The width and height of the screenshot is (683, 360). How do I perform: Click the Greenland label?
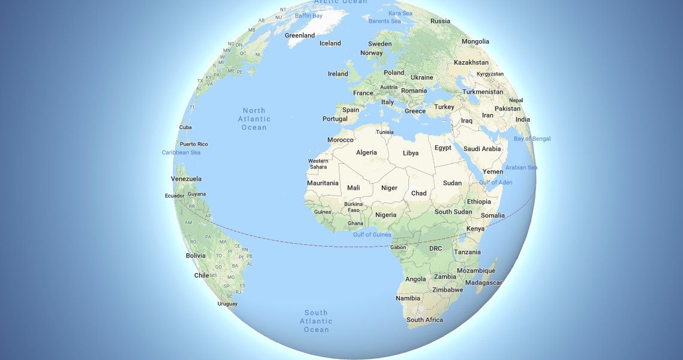click(x=300, y=35)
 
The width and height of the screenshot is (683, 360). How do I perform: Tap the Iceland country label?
click(x=330, y=43)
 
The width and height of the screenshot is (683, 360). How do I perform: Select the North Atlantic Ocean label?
click(x=254, y=119)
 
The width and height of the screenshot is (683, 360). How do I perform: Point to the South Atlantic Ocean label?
click(x=315, y=321)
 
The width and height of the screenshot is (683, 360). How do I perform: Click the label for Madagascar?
click(x=483, y=283)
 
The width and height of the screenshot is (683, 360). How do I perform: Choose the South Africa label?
click(x=425, y=320)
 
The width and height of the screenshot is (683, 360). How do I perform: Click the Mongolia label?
click(x=475, y=41)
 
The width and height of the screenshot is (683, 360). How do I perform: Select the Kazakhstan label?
click(x=471, y=62)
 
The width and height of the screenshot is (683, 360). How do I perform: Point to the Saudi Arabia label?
click(x=482, y=149)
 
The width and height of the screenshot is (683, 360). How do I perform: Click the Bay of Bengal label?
click(x=531, y=139)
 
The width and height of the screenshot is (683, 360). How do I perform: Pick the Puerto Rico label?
click(x=194, y=144)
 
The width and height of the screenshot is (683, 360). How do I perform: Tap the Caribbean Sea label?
click(x=181, y=152)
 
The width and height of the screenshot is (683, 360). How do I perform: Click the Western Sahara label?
click(x=318, y=164)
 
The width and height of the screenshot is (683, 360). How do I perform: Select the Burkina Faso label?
click(x=353, y=207)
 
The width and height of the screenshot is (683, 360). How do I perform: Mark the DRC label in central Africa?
click(x=435, y=248)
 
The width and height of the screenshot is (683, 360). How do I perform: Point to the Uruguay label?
click(x=227, y=304)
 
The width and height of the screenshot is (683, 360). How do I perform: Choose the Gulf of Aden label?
click(x=495, y=182)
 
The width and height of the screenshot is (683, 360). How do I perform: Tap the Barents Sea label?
click(x=384, y=21)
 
